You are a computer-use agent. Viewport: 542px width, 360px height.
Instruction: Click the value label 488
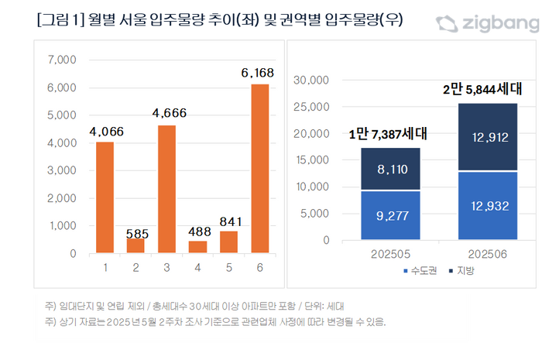coord(199,230)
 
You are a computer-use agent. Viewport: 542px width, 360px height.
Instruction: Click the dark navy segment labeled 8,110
coord(390,169)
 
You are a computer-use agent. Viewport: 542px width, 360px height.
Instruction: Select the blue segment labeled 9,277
coord(390,215)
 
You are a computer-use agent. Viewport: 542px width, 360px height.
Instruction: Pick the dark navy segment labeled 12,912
coord(488,137)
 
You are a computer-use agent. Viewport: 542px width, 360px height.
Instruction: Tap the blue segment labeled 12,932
coord(488,206)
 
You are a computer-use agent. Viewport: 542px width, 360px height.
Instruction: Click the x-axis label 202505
coord(390,253)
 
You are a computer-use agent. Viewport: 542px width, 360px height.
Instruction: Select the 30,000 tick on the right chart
coord(314,80)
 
